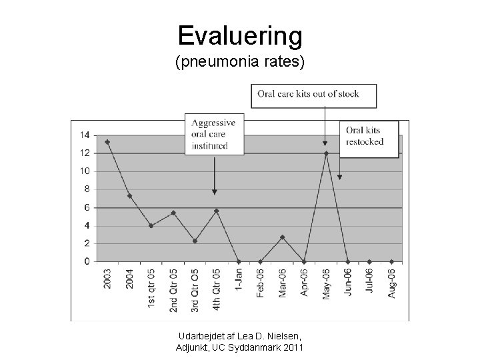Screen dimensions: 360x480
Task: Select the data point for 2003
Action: pyautogui.click(x=107, y=141)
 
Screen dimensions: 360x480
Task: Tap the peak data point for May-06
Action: pyautogui.click(x=326, y=153)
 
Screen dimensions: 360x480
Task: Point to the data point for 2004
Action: pyautogui.click(x=129, y=195)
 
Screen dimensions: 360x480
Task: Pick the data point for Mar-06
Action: pyautogui.click(x=282, y=237)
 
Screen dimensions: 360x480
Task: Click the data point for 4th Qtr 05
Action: pyautogui.click(x=217, y=211)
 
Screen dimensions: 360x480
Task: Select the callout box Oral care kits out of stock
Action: pyautogui.click(x=314, y=95)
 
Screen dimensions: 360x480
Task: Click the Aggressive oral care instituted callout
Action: pyautogui.click(x=214, y=134)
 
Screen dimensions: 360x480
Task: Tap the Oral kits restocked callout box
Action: pyautogui.click(x=369, y=138)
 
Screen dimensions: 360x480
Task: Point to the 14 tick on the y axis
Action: pyautogui.click(x=85, y=135)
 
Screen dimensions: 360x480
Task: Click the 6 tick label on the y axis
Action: pyautogui.click(x=87, y=207)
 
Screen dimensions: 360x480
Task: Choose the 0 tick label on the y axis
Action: pyautogui.click(x=87, y=261)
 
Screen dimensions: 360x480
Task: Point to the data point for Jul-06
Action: pyautogui.click(x=369, y=261)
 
